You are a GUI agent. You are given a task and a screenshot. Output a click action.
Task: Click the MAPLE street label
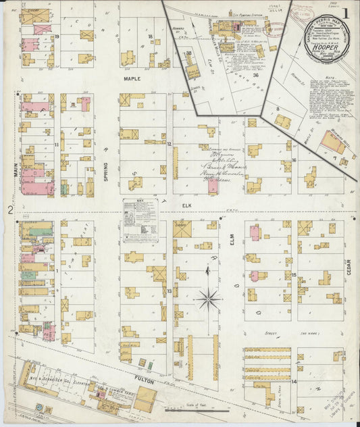[x=131, y=79]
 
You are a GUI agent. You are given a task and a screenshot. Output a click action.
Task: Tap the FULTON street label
[x=145, y=382]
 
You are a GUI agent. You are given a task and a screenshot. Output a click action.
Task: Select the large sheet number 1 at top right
[x=345, y=11]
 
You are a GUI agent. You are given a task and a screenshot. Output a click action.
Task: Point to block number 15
[x=294, y=274]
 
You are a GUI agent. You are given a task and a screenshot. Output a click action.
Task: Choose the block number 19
[x=57, y=36]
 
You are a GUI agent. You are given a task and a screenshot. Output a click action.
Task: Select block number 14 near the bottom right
[x=294, y=382]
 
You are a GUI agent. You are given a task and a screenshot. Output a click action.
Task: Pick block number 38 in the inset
[x=189, y=53]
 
